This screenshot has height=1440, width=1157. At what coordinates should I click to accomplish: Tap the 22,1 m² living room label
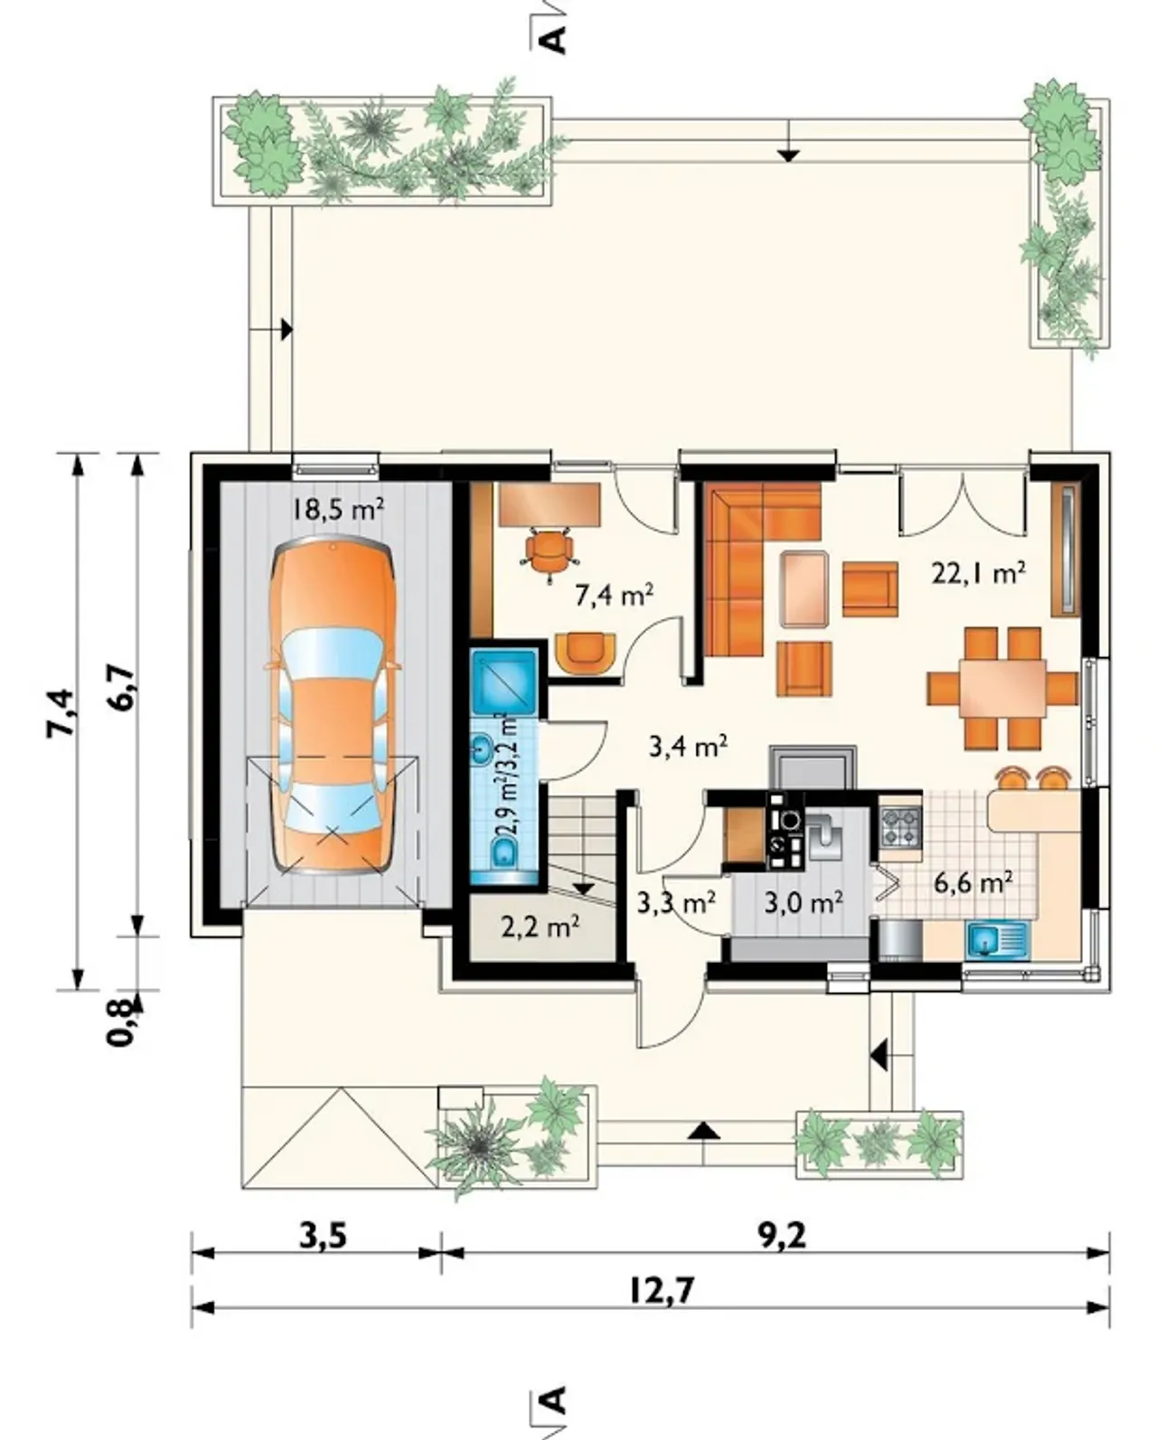[x=979, y=573]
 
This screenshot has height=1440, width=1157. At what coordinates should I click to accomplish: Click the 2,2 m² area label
[x=540, y=927]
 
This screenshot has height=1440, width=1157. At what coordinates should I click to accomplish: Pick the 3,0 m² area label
[x=804, y=903]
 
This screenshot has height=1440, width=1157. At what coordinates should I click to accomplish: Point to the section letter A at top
[x=555, y=40]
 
